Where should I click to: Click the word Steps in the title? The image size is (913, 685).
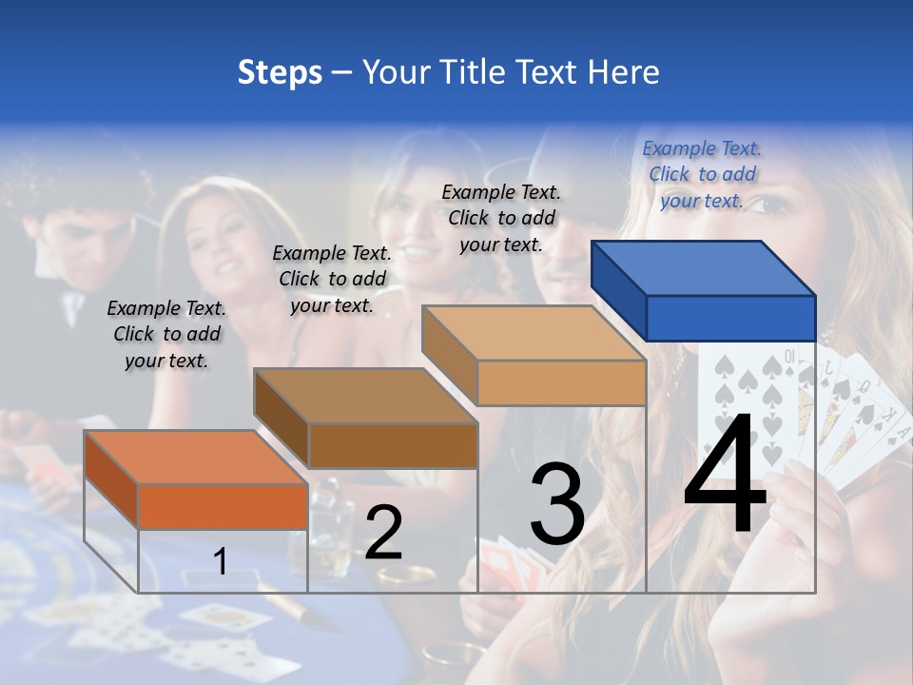tap(280, 72)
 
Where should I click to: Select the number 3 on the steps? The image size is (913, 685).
tap(557, 504)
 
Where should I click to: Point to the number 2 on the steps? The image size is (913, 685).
tap(384, 534)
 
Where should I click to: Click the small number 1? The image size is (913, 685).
tap(220, 561)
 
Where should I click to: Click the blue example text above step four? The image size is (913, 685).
tap(702, 174)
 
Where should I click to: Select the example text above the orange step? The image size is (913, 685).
tap(166, 334)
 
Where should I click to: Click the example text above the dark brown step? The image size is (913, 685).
tap(332, 279)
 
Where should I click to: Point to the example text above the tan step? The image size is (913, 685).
tap(501, 218)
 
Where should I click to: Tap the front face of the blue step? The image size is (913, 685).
tap(730, 318)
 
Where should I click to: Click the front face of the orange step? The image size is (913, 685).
tap(223, 506)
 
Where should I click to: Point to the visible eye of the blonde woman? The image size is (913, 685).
tap(772, 204)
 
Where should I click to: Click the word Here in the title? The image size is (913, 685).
tap(623, 72)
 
